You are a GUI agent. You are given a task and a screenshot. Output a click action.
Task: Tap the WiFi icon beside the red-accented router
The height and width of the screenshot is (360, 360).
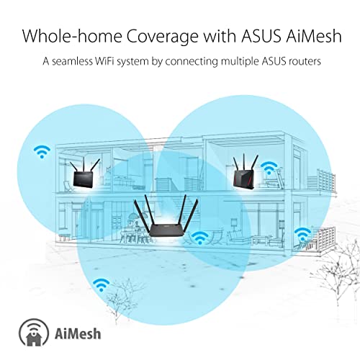tap(269, 168)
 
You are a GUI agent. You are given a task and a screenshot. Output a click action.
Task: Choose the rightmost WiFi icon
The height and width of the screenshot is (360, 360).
tap(303, 233)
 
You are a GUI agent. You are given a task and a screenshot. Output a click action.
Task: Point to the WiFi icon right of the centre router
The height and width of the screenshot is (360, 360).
tap(199, 237)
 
